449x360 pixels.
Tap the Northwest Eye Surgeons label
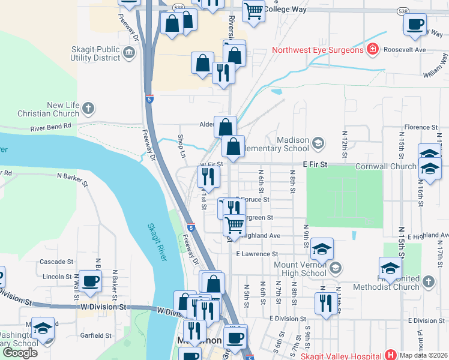point(318,50)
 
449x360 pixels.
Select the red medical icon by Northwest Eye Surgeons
point(372,49)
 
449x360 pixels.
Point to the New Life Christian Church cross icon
point(88,109)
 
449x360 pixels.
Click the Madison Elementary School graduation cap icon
point(318,143)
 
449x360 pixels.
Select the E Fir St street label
point(315,164)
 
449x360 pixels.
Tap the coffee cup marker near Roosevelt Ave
point(415,24)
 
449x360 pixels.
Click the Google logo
point(20,353)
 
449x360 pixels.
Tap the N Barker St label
point(73,176)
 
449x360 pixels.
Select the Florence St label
point(421,127)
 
